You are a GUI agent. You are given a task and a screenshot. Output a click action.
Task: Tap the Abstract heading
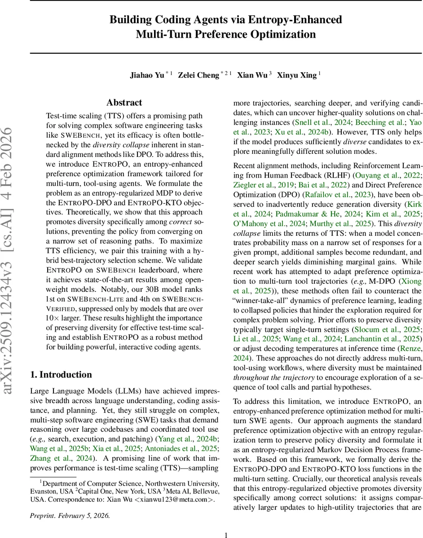(124, 103)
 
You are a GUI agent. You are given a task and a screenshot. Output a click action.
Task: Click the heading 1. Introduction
(61, 375)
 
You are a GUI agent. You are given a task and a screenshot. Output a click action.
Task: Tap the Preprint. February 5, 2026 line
(70, 516)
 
